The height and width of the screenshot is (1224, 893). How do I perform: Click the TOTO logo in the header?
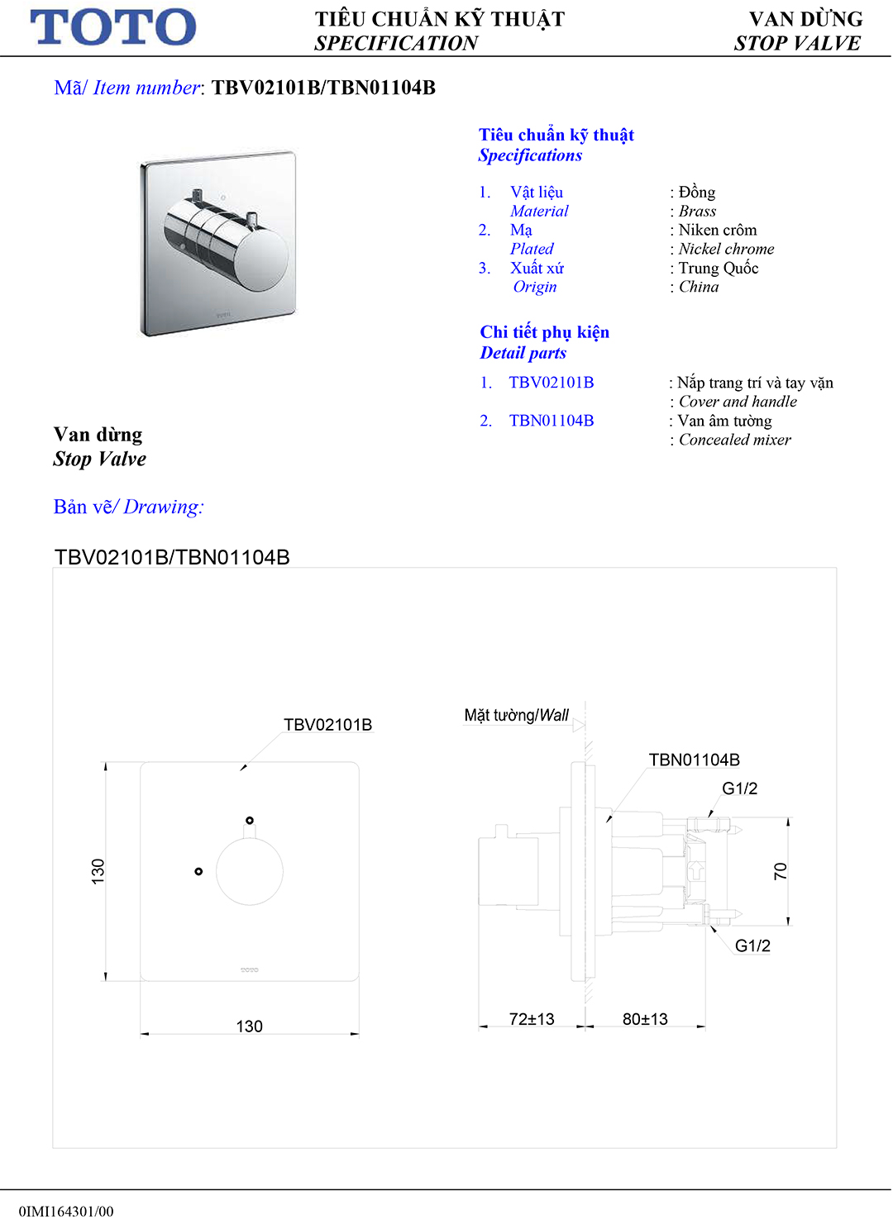113,27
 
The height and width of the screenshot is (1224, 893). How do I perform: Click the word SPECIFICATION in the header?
396,43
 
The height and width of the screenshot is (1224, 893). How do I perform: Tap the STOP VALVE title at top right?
797,43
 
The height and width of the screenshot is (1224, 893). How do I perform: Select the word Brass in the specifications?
697,211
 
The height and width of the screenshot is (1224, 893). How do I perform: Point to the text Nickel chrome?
726,249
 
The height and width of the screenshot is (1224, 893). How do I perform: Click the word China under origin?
699,287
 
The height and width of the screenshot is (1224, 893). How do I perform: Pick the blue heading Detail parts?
523,353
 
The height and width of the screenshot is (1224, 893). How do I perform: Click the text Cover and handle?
738,402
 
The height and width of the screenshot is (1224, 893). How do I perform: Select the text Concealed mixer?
734,440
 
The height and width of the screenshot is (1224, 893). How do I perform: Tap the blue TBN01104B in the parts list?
552,421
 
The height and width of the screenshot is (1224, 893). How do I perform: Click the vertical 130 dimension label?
98,871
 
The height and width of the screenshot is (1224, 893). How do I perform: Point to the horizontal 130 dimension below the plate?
249,1026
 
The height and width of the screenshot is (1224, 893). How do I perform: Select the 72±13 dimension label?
532,1019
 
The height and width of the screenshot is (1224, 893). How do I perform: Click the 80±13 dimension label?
645,1019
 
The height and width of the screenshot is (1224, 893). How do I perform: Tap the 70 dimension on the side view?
781,871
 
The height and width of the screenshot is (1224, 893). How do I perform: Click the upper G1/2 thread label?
739,788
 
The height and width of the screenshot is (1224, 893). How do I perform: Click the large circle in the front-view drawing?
250,871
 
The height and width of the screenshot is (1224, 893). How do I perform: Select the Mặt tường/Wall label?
517,715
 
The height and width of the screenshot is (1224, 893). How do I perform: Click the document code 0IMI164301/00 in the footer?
66,1212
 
